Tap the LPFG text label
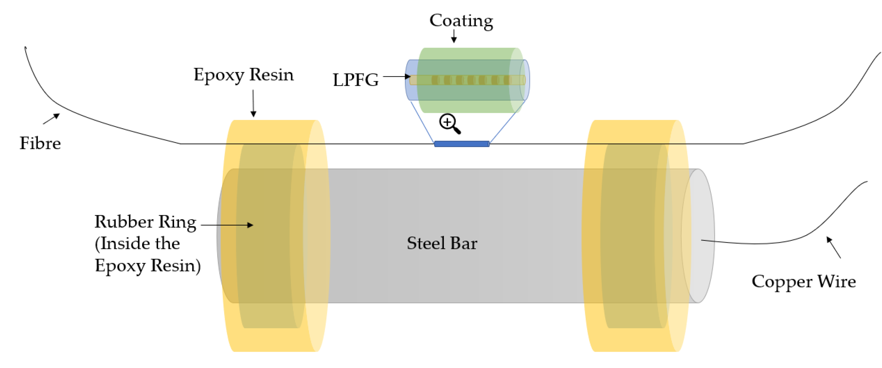click(355, 80)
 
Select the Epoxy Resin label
click(243, 75)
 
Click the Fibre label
click(40, 143)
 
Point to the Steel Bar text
click(442, 243)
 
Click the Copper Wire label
click(804, 282)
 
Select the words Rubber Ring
click(145, 222)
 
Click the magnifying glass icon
click(449, 124)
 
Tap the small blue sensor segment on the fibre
click(462, 144)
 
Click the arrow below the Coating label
click(454, 36)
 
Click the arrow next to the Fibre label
click(51, 119)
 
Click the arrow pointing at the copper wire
click(833, 247)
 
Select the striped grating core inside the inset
click(467, 80)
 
